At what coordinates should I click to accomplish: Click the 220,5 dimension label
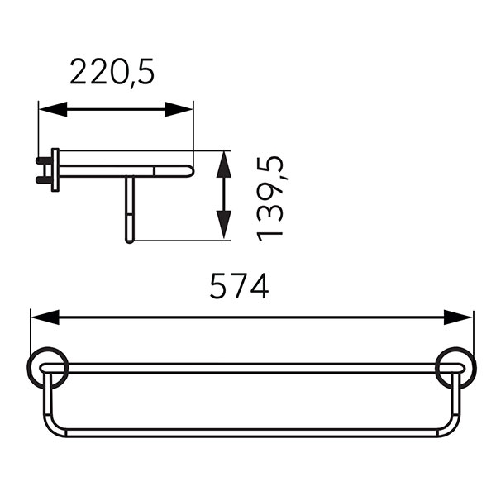[112, 72]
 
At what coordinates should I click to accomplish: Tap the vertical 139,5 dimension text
[269, 199]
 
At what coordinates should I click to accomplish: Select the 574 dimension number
[240, 286]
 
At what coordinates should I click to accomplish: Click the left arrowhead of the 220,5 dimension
[53, 109]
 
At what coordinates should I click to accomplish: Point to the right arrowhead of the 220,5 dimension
[179, 109]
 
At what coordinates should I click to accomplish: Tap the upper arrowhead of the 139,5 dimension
[224, 164]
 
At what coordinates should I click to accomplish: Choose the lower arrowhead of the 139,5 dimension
[224, 225]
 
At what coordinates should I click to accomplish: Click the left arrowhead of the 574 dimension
[45, 317]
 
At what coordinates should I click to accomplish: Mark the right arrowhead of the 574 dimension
[458, 317]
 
